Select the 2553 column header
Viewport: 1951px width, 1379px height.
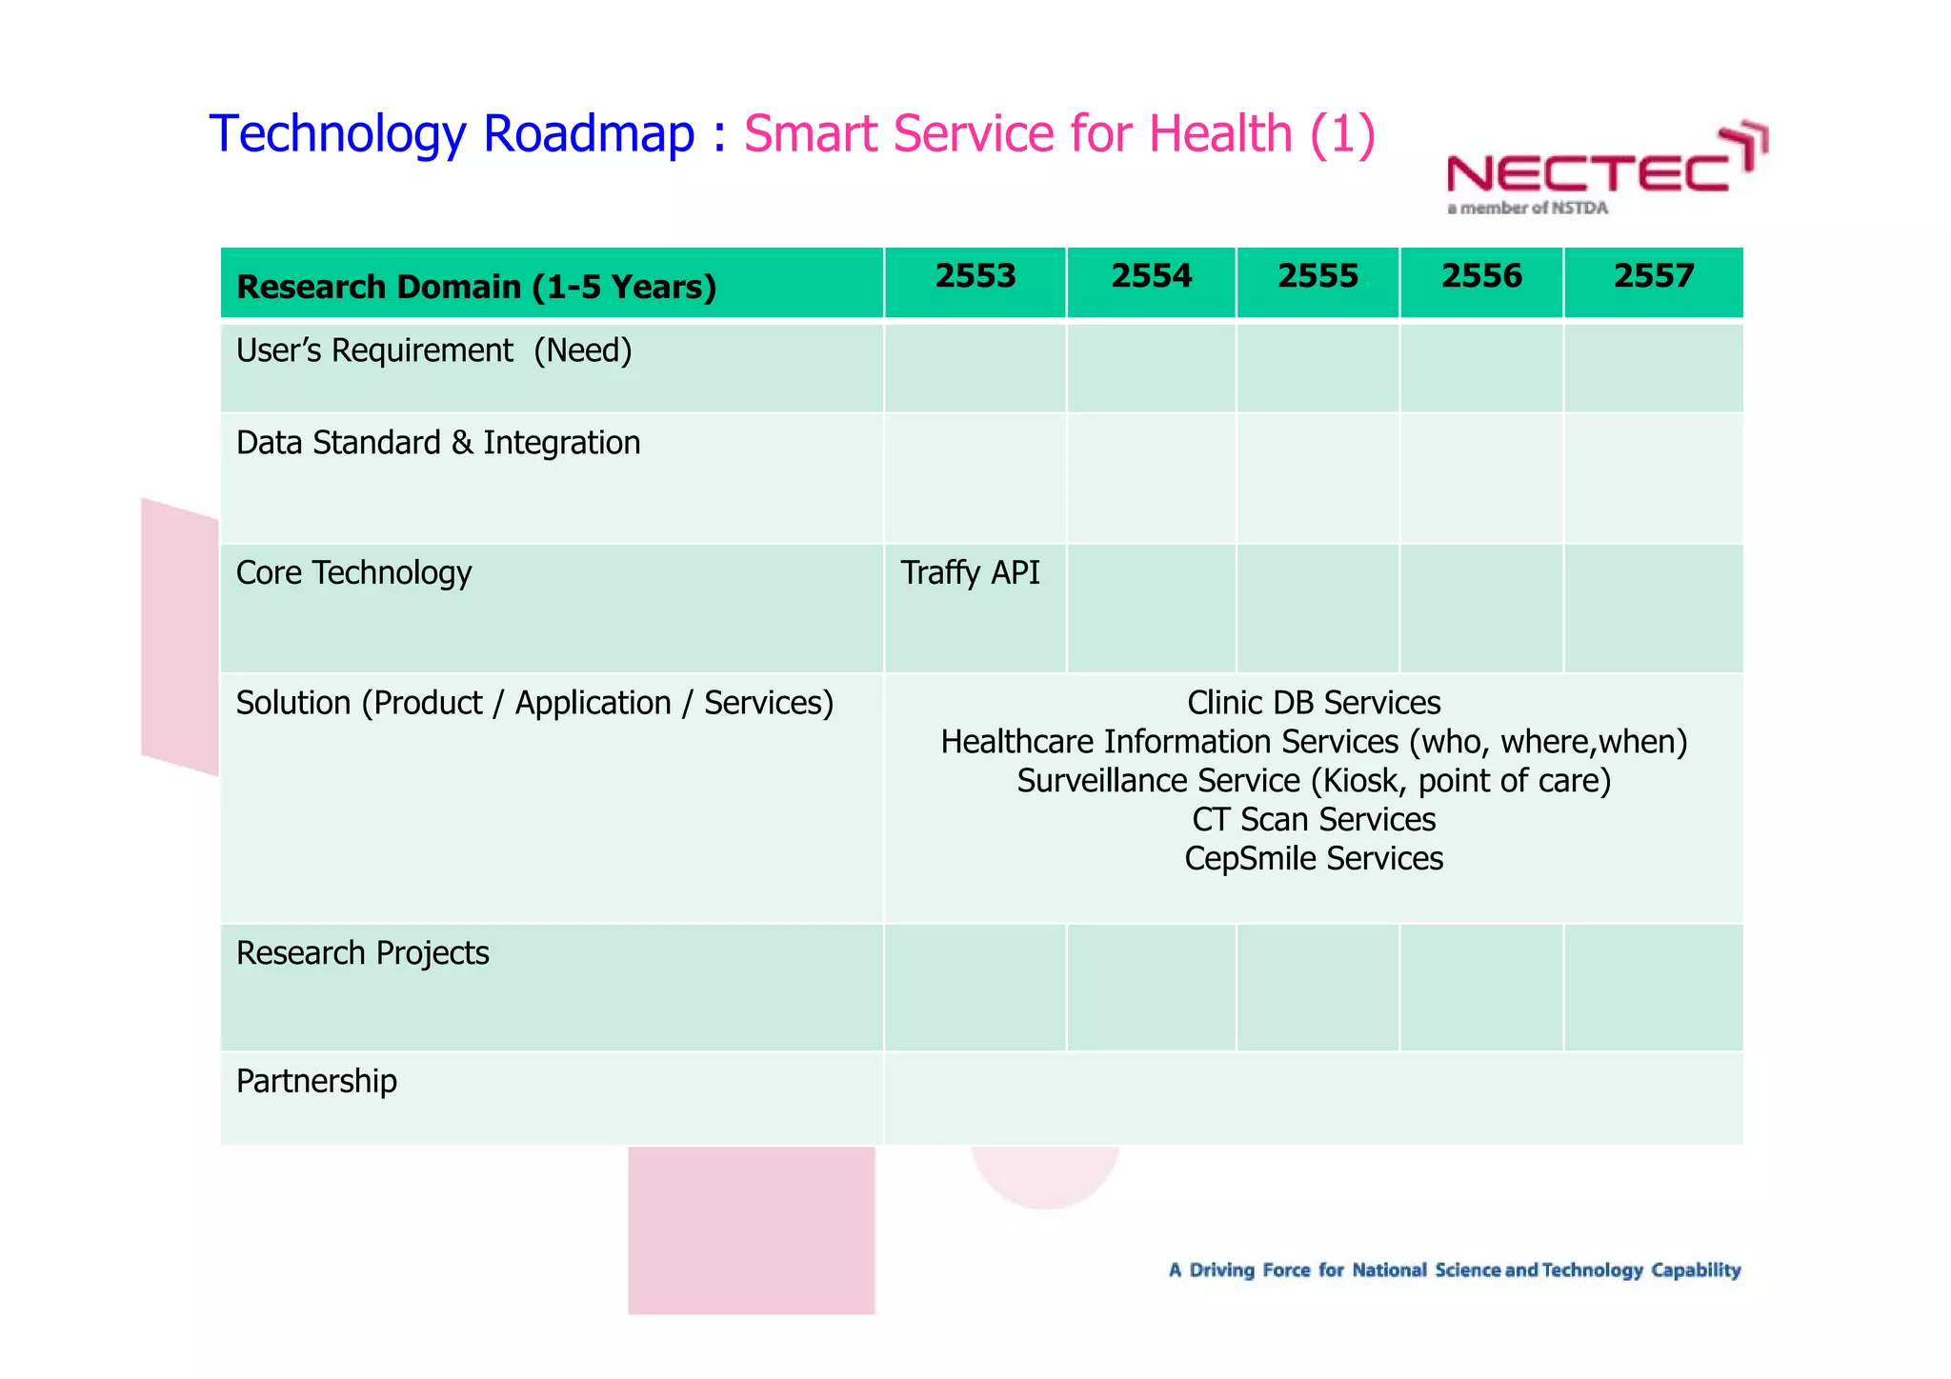coord(975,276)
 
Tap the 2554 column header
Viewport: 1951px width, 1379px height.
coord(1151,276)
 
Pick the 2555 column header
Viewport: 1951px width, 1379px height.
coord(1317,276)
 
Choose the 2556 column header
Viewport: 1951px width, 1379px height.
coord(1481,276)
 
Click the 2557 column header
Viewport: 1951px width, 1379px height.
coord(1654,276)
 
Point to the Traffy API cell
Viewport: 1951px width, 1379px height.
coord(970,573)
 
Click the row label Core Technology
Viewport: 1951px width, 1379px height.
coord(353,573)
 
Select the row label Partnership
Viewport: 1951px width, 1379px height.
coord(316,1082)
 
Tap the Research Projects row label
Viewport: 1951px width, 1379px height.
coord(362,953)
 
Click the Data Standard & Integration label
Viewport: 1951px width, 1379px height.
coord(437,444)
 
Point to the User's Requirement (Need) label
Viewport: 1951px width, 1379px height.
coord(433,351)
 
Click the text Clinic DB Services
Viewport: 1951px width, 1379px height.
coord(1314,703)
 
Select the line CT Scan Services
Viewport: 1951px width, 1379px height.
coord(1314,820)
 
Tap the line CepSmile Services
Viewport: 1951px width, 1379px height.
coord(1314,859)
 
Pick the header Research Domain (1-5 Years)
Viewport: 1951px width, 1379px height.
coord(475,287)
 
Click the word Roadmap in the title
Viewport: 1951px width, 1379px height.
coord(589,133)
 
